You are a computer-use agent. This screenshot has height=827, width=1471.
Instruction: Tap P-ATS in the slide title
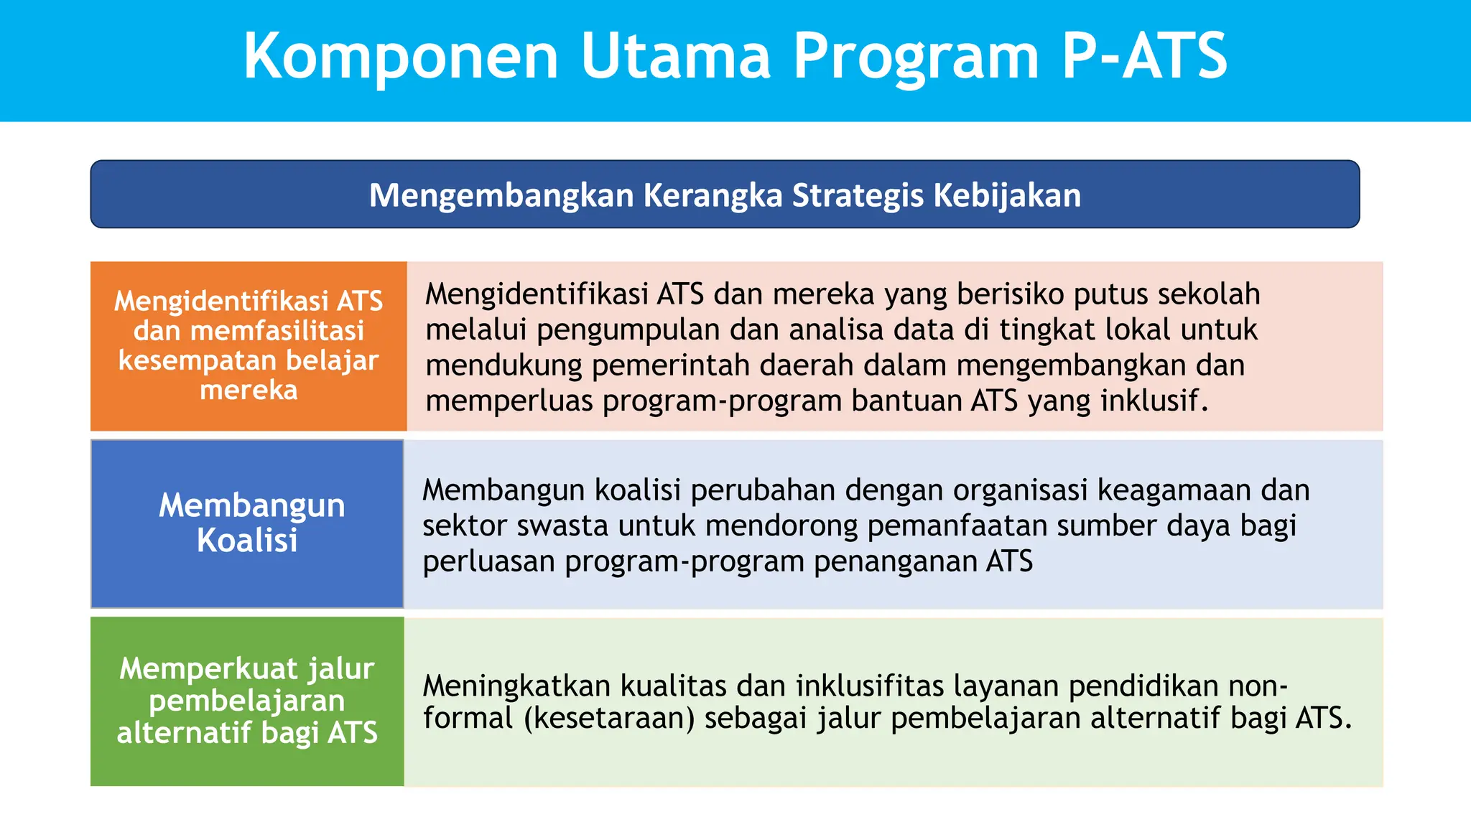pos(1143,56)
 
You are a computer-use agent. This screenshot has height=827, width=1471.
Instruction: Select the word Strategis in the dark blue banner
pos(858,195)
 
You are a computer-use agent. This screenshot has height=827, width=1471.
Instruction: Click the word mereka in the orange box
pos(249,390)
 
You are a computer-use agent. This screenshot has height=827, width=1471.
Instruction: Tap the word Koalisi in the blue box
pos(247,541)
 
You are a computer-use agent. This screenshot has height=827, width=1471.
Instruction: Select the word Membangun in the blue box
pos(251,505)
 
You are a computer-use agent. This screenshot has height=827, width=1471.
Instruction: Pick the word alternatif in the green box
pos(184,733)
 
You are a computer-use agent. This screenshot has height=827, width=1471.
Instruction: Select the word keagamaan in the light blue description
pos(1175,491)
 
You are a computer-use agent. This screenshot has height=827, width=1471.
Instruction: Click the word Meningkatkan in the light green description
pos(516,686)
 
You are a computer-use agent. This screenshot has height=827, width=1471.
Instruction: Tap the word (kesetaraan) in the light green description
pos(609,718)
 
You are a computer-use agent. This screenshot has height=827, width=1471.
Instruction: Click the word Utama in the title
pos(675,56)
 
